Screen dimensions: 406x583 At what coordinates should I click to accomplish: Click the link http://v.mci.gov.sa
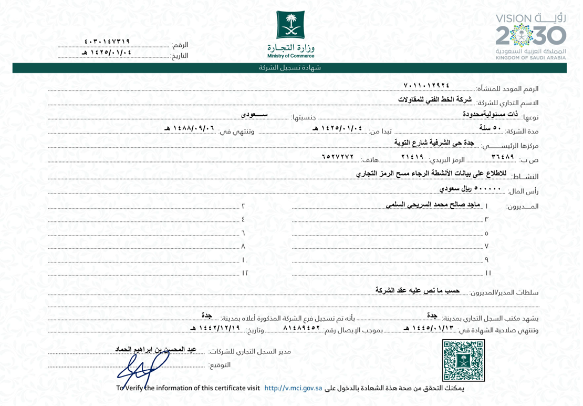coord(293,388)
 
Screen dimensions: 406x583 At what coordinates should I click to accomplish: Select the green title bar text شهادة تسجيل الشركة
coord(290,68)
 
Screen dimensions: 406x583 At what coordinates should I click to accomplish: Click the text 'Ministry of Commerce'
coord(290,56)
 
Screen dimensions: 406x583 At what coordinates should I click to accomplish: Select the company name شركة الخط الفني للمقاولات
coord(434,99)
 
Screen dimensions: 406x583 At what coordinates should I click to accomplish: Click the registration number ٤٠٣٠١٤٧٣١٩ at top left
coord(107,41)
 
